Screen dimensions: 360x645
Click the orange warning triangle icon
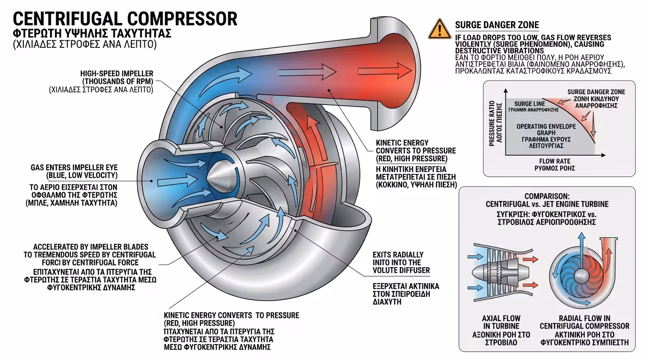439,29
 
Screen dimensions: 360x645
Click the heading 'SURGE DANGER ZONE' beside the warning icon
497,25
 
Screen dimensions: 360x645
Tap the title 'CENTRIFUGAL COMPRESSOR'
125,18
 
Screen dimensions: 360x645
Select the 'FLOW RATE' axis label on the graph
555,161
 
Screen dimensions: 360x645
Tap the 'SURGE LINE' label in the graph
530,104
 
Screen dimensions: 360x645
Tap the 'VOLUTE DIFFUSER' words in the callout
401,270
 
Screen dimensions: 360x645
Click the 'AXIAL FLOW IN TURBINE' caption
501,322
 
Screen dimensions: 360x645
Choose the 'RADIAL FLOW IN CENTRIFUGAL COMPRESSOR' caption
584,322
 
